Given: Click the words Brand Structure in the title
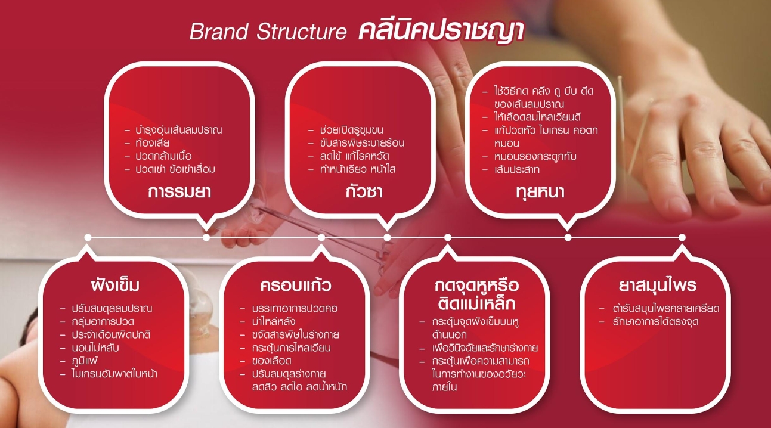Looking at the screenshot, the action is pos(268,32).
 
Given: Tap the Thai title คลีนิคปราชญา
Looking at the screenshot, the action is pos(441,32).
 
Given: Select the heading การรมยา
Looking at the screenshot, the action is pos(179,191).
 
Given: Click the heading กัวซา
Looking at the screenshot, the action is pos(364,191).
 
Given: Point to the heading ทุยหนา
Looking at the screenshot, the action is pos(540,192).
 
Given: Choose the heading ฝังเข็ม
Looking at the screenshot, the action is pos(115,285).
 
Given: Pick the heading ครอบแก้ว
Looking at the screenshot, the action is pos(296,285).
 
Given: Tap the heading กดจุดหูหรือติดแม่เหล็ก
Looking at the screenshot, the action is pos(476,294).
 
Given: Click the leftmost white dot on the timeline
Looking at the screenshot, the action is pos(88,237).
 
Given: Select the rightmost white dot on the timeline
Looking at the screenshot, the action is pos(682,237).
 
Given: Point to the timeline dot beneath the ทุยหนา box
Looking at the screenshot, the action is pos(568,237).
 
